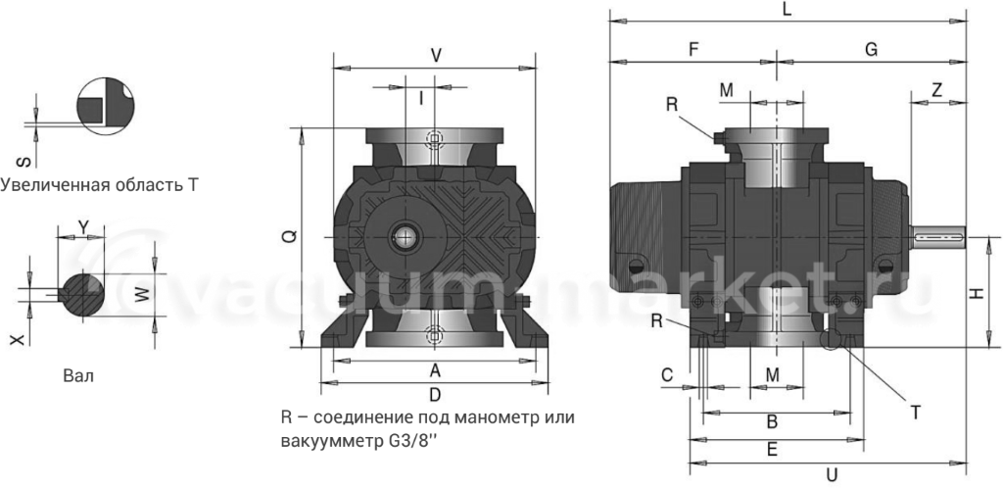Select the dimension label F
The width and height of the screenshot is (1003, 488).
pos(693,49)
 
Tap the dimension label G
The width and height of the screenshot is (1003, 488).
pos(871,49)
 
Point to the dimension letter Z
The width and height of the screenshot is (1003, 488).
pos(937,89)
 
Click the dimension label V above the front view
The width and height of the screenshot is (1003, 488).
pos(436,55)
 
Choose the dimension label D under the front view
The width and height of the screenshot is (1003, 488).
pos(435,395)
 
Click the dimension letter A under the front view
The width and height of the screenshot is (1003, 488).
pos(435,370)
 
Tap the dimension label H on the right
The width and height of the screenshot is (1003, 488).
pos(977,293)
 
